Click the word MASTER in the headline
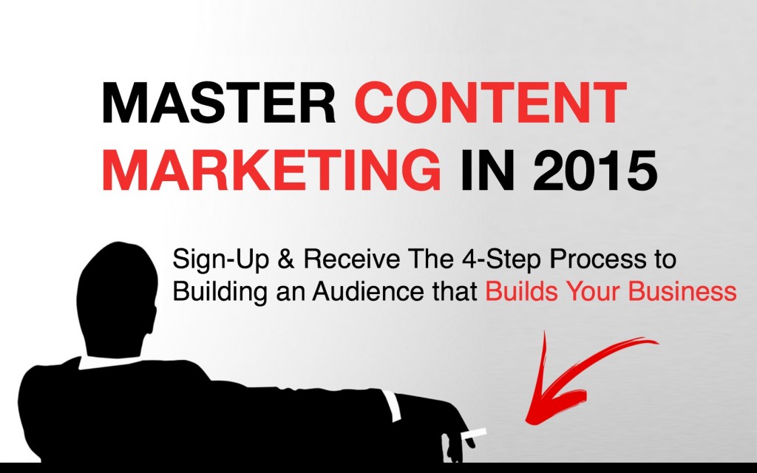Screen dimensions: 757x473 [x=219, y=103]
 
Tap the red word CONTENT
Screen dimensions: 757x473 [x=491, y=103]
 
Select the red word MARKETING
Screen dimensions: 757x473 [x=271, y=170]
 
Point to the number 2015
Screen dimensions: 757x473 [x=595, y=170]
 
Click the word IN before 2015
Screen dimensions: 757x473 [x=487, y=170]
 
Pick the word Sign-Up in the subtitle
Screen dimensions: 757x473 [x=220, y=260]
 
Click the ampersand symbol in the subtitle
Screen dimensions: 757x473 [x=286, y=259]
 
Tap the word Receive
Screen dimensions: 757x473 [x=351, y=259]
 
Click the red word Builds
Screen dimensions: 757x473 [x=521, y=291]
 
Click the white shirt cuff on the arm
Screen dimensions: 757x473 [x=392, y=406]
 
